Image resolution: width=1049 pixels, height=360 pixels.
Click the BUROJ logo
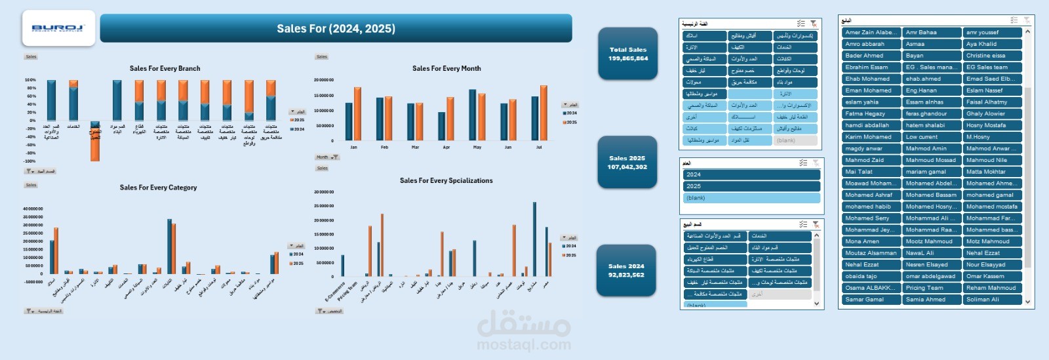[58, 28]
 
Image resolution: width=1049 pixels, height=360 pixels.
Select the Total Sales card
[627, 54]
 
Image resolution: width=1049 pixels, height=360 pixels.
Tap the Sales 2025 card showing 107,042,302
[627, 163]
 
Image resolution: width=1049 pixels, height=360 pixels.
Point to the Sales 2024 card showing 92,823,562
[626, 270]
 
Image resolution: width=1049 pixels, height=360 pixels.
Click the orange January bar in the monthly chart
[357, 113]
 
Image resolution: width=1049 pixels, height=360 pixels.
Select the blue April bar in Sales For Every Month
[442, 126]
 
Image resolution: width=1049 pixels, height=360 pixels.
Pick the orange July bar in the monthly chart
[544, 113]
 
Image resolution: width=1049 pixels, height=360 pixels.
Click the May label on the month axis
[477, 148]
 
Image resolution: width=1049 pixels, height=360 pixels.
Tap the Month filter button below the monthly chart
[327, 157]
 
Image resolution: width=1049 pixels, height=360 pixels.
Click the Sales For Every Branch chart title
[165, 68]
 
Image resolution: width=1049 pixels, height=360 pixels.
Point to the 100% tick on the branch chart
[31, 80]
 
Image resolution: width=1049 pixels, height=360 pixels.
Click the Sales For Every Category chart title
[158, 188]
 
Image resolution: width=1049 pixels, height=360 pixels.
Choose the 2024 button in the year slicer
[751, 174]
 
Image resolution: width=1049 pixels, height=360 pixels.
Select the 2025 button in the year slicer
[751, 186]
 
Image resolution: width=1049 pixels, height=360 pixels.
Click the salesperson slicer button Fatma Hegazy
[871, 113]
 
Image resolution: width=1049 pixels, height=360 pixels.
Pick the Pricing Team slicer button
[931, 288]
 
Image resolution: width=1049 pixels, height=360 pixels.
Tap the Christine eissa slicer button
[992, 56]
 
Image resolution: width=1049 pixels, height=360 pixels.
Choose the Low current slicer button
[931, 137]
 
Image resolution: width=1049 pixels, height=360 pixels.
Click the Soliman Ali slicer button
[992, 300]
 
